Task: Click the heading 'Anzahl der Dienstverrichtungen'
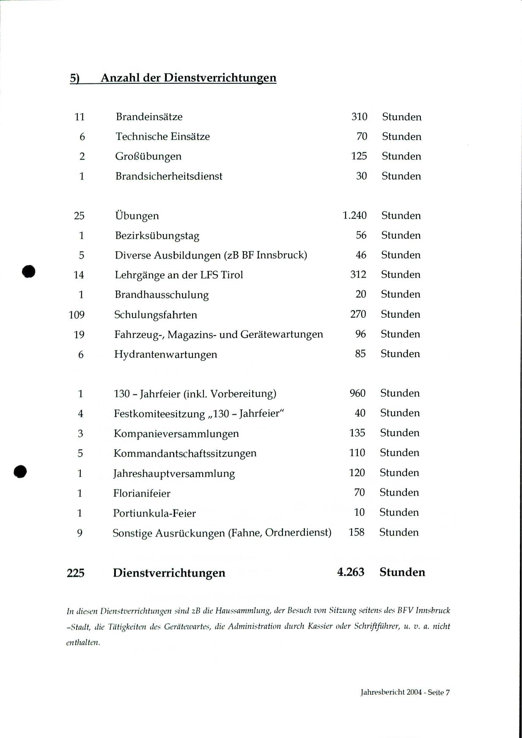(x=188, y=78)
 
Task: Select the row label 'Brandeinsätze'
(x=149, y=117)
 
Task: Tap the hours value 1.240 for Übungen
(x=354, y=215)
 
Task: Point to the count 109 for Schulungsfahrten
(x=77, y=315)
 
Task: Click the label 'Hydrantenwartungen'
(x=165, y=354)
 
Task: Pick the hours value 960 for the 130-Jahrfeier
(x=357, y=393)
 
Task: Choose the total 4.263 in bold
(x=351, y=572)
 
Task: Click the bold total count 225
(x=76, y=573)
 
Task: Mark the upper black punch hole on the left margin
(x=29, y=271)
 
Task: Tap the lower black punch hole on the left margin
(x=20, y=471)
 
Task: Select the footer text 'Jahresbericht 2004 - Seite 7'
(x=405, y=692)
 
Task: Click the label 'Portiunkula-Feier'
(x=154, y=513)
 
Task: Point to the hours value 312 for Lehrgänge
(x=358, y=275)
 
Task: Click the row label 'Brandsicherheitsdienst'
(x=169, y=176)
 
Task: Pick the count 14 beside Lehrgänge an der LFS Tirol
(x=79, y=275)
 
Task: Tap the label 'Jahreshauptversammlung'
(x=174, y=474)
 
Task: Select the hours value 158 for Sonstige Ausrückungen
(x=357, y=532)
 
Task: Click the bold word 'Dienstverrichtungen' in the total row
(x=169, y=573)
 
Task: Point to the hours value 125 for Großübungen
(x=359, y=156)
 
